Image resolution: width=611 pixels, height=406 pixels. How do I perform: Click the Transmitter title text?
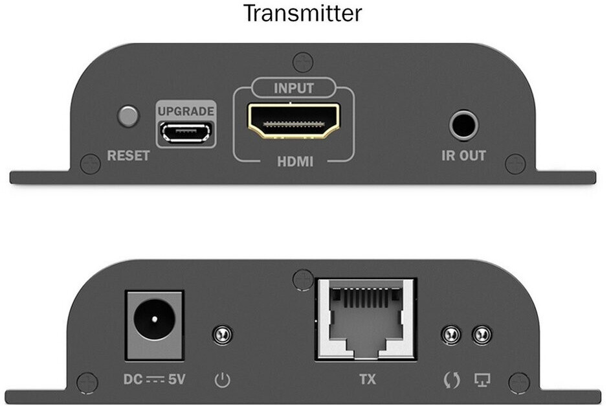(303, 13)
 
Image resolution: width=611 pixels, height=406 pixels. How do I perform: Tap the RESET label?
(128, 155)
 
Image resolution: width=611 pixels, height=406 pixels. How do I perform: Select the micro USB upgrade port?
(186, 132)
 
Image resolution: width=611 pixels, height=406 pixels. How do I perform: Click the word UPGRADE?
(186, 111)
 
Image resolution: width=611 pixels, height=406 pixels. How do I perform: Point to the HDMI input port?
(294, 120)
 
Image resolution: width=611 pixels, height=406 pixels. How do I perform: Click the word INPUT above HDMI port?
(293, 88)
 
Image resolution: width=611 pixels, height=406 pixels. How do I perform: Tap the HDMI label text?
(295, 161)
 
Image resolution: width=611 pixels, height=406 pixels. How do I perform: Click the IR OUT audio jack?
(463, 126)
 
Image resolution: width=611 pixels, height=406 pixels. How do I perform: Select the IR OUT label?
(463, 155)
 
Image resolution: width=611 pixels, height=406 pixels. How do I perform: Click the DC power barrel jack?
(154, 326)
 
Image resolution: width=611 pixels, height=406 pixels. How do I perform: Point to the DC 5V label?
(154, 379)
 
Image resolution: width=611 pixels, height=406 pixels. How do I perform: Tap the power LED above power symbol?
(223, 335)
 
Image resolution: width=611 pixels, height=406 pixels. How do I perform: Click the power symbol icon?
(223, 380)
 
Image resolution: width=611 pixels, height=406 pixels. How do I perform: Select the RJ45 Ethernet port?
(366, 319)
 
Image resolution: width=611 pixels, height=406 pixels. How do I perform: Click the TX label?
(368, 379)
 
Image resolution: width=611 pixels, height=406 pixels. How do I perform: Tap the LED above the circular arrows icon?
(451, 335)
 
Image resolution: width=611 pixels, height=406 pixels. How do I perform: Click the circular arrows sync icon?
(452, 380)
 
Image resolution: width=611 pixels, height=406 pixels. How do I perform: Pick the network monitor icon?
(482, 379)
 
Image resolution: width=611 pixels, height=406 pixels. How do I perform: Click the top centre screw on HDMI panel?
(303, 62)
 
